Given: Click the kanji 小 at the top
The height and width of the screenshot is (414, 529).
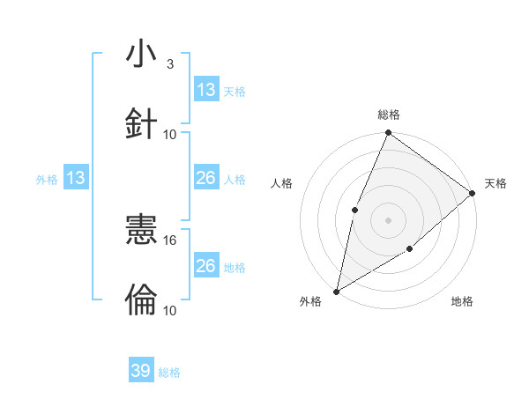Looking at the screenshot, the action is click(x=141, y=55).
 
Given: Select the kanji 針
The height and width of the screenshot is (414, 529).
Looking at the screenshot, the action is click(x=141, y=122).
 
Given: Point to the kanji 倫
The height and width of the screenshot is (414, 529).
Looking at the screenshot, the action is click(x=141, y=299).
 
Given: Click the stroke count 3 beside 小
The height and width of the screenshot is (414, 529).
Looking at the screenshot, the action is click(x=170, y=63).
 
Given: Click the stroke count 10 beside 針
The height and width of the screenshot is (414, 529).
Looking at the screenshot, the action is click(x=170, y=134).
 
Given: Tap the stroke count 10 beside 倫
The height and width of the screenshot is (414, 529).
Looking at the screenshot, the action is click(x=170, y=310).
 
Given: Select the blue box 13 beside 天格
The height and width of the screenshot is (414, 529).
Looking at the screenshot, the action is click(x=206, y=90).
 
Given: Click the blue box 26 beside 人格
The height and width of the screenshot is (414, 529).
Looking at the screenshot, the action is click(x=206, y=178).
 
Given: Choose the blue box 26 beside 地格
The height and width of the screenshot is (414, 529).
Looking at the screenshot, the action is click(x=206, y=266).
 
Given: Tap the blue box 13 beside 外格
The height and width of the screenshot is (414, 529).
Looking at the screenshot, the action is click(x=76, y=178).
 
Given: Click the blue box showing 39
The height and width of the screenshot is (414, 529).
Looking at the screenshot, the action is click(x=141, y=371).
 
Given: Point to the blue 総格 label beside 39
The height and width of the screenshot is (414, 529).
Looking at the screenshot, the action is click(x=170, y=373).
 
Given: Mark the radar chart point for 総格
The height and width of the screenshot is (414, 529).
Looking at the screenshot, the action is click(x=388, y=133).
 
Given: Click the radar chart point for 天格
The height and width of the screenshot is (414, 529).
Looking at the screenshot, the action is click(x=472, y=193).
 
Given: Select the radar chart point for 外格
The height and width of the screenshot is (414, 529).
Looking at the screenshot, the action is click(x=336, y=291).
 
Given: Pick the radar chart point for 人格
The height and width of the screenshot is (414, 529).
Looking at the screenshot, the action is click(x=354, y=210).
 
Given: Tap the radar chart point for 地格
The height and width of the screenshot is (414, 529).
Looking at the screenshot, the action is click(x=410, y=250).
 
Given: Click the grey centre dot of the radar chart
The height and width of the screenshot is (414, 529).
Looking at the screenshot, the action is click(x=388, y=220).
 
